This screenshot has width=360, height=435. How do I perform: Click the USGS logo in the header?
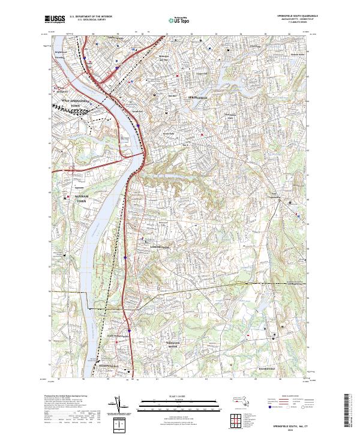coord(55,19)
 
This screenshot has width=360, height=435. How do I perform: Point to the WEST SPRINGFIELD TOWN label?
coord(75,103)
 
